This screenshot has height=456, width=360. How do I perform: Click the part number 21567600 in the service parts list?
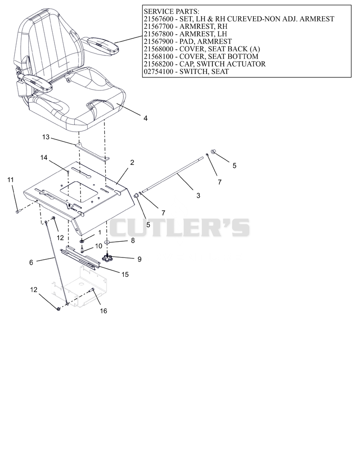click(x=158, y=19)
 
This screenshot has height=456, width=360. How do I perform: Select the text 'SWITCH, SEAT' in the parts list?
click(x=204, y=72)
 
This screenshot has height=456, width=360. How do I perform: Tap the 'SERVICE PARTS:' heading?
click(x=171, y=12)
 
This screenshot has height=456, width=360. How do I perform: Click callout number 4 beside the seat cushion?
click(x=145, y=118)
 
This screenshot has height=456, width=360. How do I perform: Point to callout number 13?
click(x=46, y=137)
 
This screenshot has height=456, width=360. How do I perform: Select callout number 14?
click(x=44, y=158)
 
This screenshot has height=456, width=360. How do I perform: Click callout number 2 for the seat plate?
click(x=132, y=163)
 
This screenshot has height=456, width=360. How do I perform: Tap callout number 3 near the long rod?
click(x=198, y=195)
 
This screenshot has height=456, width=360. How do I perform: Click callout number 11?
click(x=10, y=180)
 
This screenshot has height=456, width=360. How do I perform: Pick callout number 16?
click(x=103, y=311)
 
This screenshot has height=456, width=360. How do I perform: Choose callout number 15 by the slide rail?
click(x=125, y=275)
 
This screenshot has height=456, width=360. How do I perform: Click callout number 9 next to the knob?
click(x=139, y=259)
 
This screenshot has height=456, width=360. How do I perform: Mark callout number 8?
click(x=133, y=240)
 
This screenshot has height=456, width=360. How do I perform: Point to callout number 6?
click(x=31, y=262)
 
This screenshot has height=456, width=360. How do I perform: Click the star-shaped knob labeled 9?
click(x=107, y=258)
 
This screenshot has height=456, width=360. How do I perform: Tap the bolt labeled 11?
click(x=18, y=212)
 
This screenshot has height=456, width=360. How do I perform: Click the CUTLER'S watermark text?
click(x=180, y=227)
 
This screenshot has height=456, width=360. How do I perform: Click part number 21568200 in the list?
click(x=158, y=64)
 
